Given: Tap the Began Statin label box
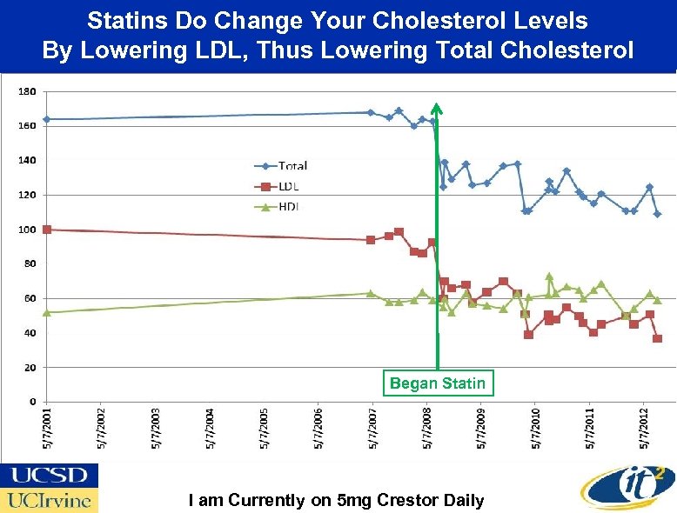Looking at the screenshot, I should pyautogui.click(x=438, y=383).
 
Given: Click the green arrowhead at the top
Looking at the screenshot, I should pyautogui.click(x=437, y=109).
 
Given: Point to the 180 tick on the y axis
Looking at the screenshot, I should pyautogui.click(x=27, y=91).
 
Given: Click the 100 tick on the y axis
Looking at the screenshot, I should pyautogui.click(x=27, y=230).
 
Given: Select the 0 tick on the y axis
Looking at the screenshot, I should pyautogui.click(x=32, y=402).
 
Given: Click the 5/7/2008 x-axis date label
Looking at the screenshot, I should pyautogui.click(x=426, y=428).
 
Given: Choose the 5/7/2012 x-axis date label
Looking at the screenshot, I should pyautogui.click(x=644, y=428).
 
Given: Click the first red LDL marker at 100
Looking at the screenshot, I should pyautogui.click(x=47, y=230).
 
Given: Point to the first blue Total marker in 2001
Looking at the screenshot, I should pyautogui.click(x=47, y=119).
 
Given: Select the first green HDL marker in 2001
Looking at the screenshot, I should pyautogui.click(x=47, y=312).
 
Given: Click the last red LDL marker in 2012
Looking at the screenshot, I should pyautogui.click(x=657, y=338).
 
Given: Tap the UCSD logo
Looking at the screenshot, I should pyautogui.click(x=49, y=476).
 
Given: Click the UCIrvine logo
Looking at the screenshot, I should pyautogui.click(x=49, y=501).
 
